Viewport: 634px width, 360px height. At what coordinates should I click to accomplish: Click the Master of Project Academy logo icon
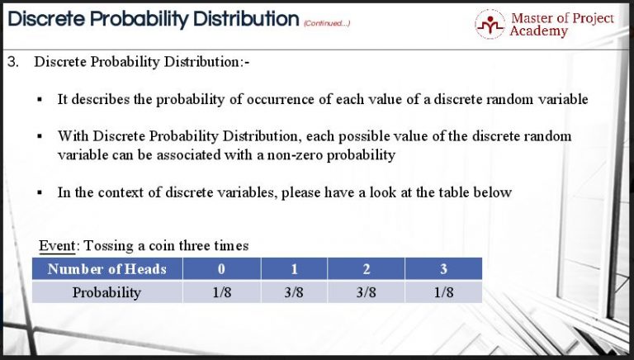point(490,24)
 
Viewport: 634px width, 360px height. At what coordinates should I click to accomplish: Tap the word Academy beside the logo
point(538,31)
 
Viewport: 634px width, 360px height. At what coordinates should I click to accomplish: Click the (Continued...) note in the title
point(327,23)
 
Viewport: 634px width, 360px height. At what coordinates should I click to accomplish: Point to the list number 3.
point(12,63)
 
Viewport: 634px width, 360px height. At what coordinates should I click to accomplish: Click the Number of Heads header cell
point(107,268)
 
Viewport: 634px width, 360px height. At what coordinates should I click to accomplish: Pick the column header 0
point(221,268)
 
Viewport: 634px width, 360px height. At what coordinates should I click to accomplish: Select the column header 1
point(294,268)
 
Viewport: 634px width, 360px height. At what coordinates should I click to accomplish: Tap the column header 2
point(367,268)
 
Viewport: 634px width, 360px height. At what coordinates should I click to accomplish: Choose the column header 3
point(444,268)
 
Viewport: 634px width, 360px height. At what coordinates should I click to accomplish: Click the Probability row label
point(107,292)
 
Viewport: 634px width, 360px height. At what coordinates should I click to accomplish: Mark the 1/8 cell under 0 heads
point(221,292)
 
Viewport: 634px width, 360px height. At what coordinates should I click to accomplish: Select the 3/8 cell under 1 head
point(294,292)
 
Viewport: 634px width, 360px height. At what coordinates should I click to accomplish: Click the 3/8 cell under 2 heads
point(367,292)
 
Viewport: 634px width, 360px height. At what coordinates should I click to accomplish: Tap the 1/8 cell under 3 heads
point(444,292)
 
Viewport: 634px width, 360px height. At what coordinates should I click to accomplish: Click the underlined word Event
point(58,245)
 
